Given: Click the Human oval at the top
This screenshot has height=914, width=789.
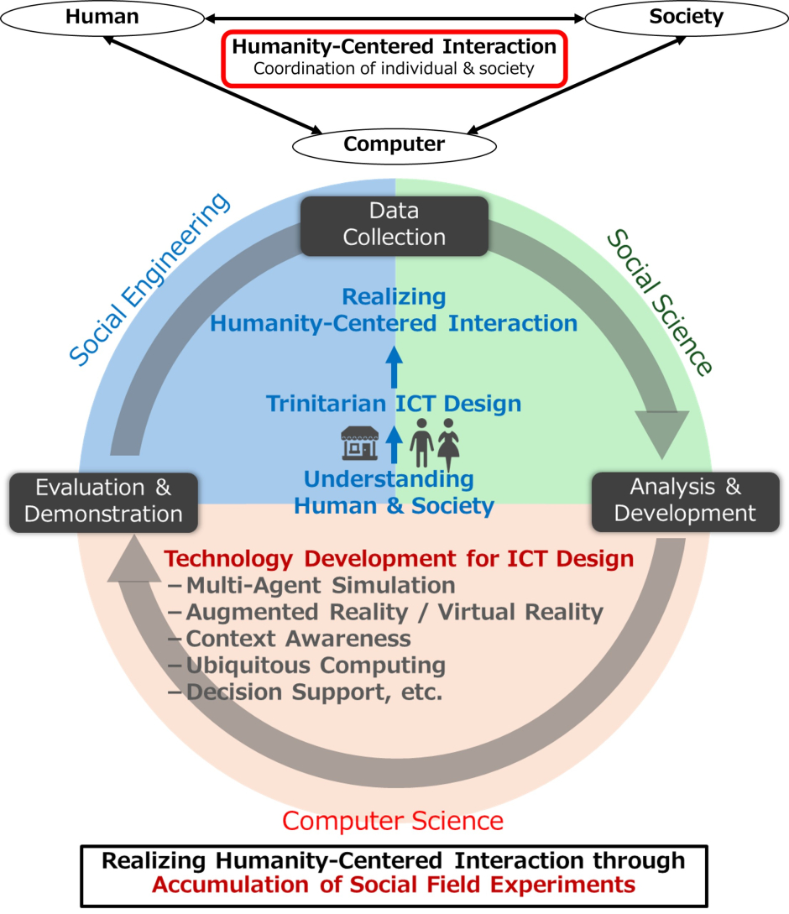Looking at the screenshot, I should click(x=102, y=17).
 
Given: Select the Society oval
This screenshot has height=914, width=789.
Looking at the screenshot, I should click(x=686, y=17).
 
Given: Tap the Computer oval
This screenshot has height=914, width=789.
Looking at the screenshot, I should click(x=394, y=144).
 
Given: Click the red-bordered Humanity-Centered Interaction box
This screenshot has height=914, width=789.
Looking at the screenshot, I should click(x=394, y=57).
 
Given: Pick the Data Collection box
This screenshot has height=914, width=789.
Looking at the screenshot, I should click(x=394, y=225).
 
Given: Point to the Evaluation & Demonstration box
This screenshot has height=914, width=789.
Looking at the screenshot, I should click(x=103, y=501).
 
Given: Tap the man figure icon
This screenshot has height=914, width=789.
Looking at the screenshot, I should click(x=421, y=443).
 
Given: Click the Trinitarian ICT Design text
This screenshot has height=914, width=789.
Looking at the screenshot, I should click(x=394, y=404).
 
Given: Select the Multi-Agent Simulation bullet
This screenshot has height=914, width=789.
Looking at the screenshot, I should click(x=320, y=585).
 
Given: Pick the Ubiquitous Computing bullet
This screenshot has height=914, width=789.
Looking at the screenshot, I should click(x=315, y=666).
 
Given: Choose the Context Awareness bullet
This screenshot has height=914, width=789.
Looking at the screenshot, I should click(x=298, y=639).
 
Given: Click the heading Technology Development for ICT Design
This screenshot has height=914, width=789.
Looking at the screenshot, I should click(x=399, y=559).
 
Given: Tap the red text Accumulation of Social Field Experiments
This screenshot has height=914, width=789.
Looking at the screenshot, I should click(x=394, y=884).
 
